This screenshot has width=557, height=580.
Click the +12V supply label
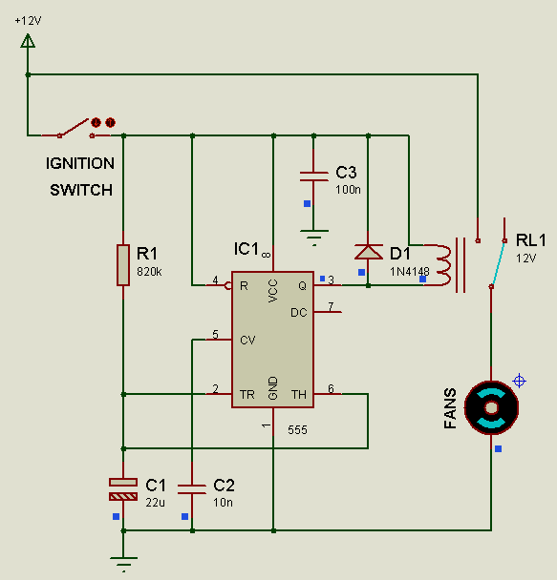click(28, 21)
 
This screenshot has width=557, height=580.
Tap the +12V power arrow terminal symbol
click(28, 41)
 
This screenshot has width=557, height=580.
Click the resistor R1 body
click(123, 265)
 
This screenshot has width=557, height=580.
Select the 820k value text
click(149, 272)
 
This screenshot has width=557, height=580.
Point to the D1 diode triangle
click(368, 252)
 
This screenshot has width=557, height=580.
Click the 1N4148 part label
click(410, 272)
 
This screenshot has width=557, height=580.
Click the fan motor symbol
click(491, 407)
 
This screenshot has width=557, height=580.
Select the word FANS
click(450, 408)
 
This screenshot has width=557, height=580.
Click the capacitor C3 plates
click(313, 176)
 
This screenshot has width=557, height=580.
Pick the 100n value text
click(348, 190)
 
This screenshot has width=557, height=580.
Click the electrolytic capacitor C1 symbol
click(123, 489)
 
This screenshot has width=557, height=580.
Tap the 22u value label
click(155, 503)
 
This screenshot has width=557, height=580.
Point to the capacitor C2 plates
click(192, 489)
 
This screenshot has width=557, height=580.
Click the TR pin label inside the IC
click(247, 395)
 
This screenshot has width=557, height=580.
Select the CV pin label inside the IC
click(247, 341)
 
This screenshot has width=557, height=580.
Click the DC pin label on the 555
click(299, 313)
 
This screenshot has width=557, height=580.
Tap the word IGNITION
click(80, 163)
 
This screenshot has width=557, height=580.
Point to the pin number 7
click(331, 306)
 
